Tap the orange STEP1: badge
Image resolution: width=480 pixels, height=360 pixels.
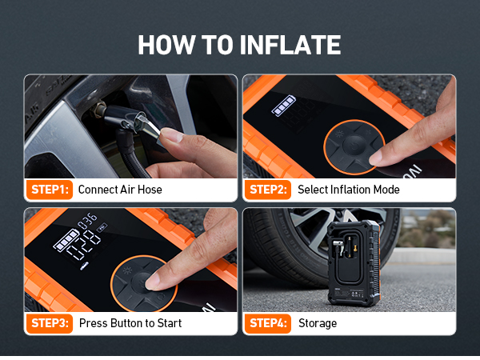coord(50,190)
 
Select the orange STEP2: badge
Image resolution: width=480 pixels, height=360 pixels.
coord(269,190)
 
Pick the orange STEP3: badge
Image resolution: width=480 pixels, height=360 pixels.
coord(50,323)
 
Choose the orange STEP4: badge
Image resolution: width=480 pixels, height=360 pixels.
coord(269,323)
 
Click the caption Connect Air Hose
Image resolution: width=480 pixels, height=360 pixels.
coord(119,190)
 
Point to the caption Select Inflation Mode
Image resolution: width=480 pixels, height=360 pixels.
coord(348,190)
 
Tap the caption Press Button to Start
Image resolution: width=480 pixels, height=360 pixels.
coord(130,323)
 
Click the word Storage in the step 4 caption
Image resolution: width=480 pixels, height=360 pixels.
coord(317,323)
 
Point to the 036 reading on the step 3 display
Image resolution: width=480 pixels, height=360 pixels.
coord(87,218)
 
